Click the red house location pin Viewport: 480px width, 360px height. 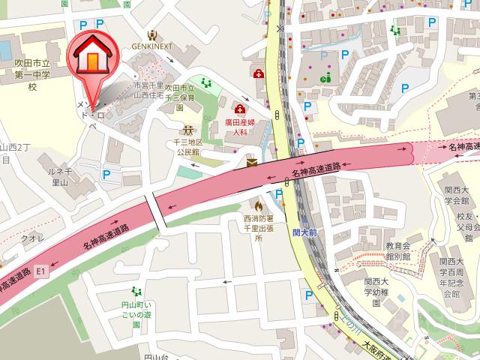pyautogui.click(x=89, y=55)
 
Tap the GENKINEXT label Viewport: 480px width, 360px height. pyautogui.click(x=153, y=46)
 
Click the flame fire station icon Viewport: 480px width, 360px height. pyautogui.click(x=259, y=204)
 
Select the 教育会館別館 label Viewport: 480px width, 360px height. pyautogui.click(x=398, y=250)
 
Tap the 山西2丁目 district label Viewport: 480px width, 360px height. pyautogui.click(x=13, y=152)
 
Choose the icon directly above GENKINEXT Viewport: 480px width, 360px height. pyautogui.click(x=153, y=34)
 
